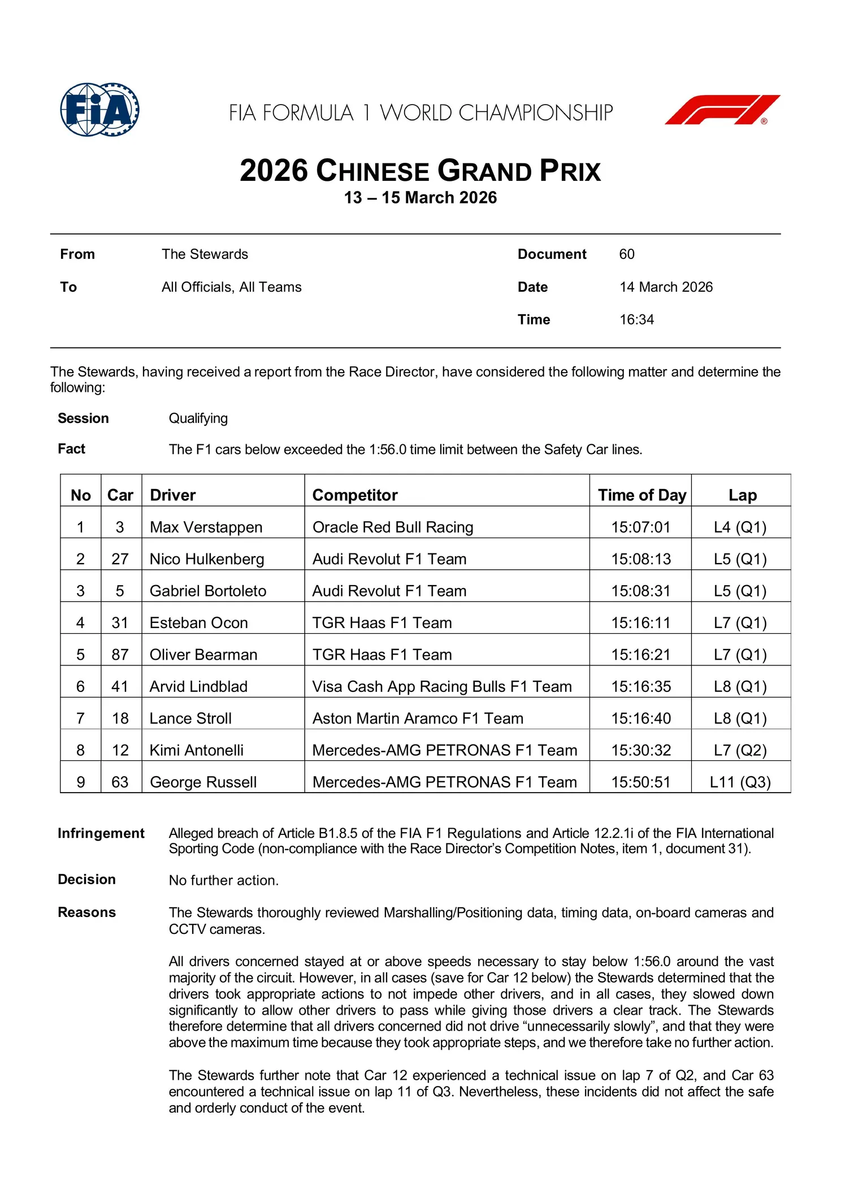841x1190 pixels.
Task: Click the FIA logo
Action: click(99, 110)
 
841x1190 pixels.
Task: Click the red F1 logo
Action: click(722, 110)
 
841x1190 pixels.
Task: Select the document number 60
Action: click(626, 254)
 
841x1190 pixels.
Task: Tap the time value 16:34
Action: click(636, 319)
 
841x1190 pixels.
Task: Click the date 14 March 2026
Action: click(666, 287)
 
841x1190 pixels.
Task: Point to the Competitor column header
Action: click(355, 495)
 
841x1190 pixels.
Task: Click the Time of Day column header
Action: click(641, 495)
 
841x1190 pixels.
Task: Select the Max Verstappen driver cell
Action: click(206, 527)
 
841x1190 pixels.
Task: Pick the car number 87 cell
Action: click(120, 654)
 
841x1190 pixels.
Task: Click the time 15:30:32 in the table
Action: click(641, 750)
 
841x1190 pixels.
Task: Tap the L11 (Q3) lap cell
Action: click(740, 782)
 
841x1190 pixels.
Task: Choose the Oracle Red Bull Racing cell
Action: click(393, 527)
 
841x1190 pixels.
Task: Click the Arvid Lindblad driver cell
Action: click(198, 686)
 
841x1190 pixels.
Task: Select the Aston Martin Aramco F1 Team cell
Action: click(418, 718)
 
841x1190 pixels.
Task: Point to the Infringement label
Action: click(101, 833)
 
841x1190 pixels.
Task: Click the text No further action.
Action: click(224, 880)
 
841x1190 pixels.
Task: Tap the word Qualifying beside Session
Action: click(198, 418)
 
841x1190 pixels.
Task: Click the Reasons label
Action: click(86, 912)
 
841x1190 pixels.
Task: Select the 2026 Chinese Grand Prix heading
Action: click(420, 171)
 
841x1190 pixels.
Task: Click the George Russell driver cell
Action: click(203, 782)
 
